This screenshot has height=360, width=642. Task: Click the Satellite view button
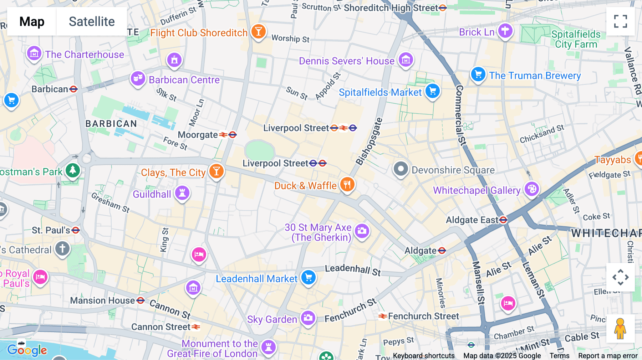click(92, 21)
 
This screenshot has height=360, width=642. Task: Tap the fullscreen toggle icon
click(620, 21)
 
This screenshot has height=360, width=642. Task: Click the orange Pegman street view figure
click(620, 328)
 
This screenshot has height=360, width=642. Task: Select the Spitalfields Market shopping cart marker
click(433, 91)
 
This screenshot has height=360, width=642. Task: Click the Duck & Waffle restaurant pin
click(347, 185)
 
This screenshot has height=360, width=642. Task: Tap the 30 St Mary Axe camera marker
click(362, 231)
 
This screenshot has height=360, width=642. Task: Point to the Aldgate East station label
click(472, 220)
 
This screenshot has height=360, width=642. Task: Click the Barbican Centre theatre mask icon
click(138, 78)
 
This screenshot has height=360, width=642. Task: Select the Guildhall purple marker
click(182, 193)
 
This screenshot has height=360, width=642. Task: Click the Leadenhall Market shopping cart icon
click(309, 277)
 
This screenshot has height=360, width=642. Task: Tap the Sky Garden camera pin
click(308, 318)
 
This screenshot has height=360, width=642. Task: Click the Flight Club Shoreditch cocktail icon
click(259, 32)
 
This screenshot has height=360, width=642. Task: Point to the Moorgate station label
click(198, 135)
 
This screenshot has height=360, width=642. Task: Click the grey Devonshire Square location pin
click(401, 169)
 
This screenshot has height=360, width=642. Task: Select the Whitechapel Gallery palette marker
click(532, 189)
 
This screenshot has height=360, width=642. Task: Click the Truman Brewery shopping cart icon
click(478, 74)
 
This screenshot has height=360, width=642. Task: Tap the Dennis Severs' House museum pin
click(406, 60)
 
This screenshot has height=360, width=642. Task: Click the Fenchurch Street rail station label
click(423, 316)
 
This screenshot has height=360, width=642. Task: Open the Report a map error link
click(607, 355)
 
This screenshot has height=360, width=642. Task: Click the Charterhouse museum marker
click(34, 54)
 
